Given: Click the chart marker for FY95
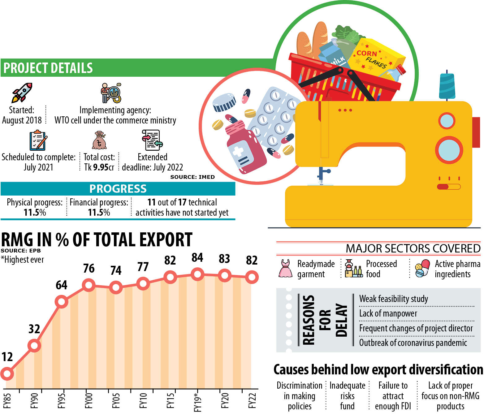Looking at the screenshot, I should tap(61, 301).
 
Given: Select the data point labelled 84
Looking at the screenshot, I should tap(197, 274).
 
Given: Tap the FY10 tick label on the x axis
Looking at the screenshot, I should tap(143, 401).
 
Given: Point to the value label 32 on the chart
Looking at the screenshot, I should tap(34, 329).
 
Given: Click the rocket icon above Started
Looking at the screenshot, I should tap(22, 92).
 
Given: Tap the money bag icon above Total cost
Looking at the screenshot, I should tap(99, 140).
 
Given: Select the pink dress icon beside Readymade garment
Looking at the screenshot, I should tap(285, 268).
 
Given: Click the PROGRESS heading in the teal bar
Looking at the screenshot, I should tap(118, 189).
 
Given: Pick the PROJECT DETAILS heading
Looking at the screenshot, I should tap(48, 68).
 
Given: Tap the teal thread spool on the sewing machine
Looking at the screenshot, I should tap(447, 86).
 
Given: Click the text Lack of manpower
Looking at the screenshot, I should tap(388, 313).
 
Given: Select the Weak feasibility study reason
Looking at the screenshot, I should tap(393, 299).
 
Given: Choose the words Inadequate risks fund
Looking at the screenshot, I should tap(347, 396).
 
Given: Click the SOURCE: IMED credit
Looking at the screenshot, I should tap(192, 177).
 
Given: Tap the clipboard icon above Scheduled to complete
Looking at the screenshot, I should tap(38, 141).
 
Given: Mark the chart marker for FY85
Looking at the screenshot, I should tap(7, 373).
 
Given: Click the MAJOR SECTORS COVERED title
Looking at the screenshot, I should tap(413, 248).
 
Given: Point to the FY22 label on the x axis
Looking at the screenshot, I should tap(252, 401).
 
